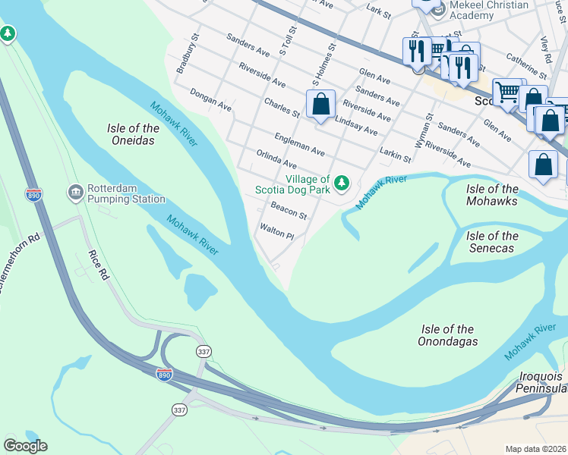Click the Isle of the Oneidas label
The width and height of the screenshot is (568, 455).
click(133, 134)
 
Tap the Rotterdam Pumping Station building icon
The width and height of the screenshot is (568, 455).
click(75, 190)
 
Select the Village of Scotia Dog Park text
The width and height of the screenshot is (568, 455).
click(308, 184)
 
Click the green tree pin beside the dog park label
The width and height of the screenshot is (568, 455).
click(342, 182)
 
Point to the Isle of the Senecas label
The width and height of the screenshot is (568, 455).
click(493, 242)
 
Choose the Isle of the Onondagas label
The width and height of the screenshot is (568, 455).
click(448, 335)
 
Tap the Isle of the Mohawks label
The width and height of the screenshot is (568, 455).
click(493, 195)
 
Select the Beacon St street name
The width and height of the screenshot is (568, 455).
click(289, 211)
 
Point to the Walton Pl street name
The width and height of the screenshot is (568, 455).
click(276, 231)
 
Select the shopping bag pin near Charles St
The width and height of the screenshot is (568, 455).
click(321, 103)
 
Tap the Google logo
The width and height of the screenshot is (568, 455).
click(25, 446)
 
